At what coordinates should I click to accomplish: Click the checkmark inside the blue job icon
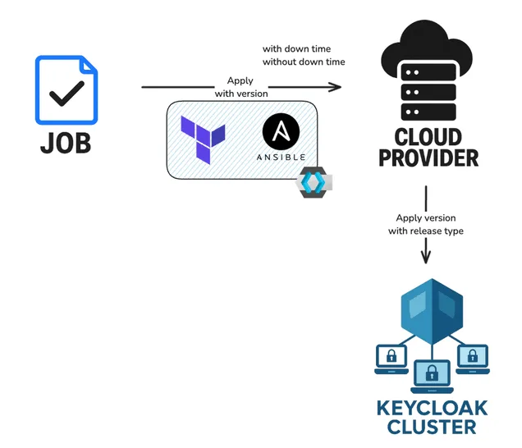point(66,94)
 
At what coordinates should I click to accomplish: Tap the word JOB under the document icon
point(66,143)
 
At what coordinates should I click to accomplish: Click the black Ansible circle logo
point(281,131)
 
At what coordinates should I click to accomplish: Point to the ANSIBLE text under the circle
point(281,157)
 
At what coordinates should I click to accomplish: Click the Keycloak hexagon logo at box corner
point(314,182)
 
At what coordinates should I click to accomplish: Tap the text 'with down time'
point(296,49)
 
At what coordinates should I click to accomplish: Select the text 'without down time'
point(304,62)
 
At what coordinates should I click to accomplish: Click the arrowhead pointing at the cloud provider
point(336,87)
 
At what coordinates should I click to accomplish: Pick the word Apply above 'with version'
point(240,81)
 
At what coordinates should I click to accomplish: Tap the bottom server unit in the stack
point(428,112)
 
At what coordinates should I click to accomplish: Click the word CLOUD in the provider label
point(428,137)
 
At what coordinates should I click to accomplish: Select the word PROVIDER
point(428,158)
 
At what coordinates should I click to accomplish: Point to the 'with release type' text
point(426,231)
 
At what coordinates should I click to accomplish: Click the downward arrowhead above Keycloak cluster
point(426,258)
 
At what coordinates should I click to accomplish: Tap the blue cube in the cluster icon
point(432,312)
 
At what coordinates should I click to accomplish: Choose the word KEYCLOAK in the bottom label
point(432,409)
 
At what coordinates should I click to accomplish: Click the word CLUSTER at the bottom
point(432,427)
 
